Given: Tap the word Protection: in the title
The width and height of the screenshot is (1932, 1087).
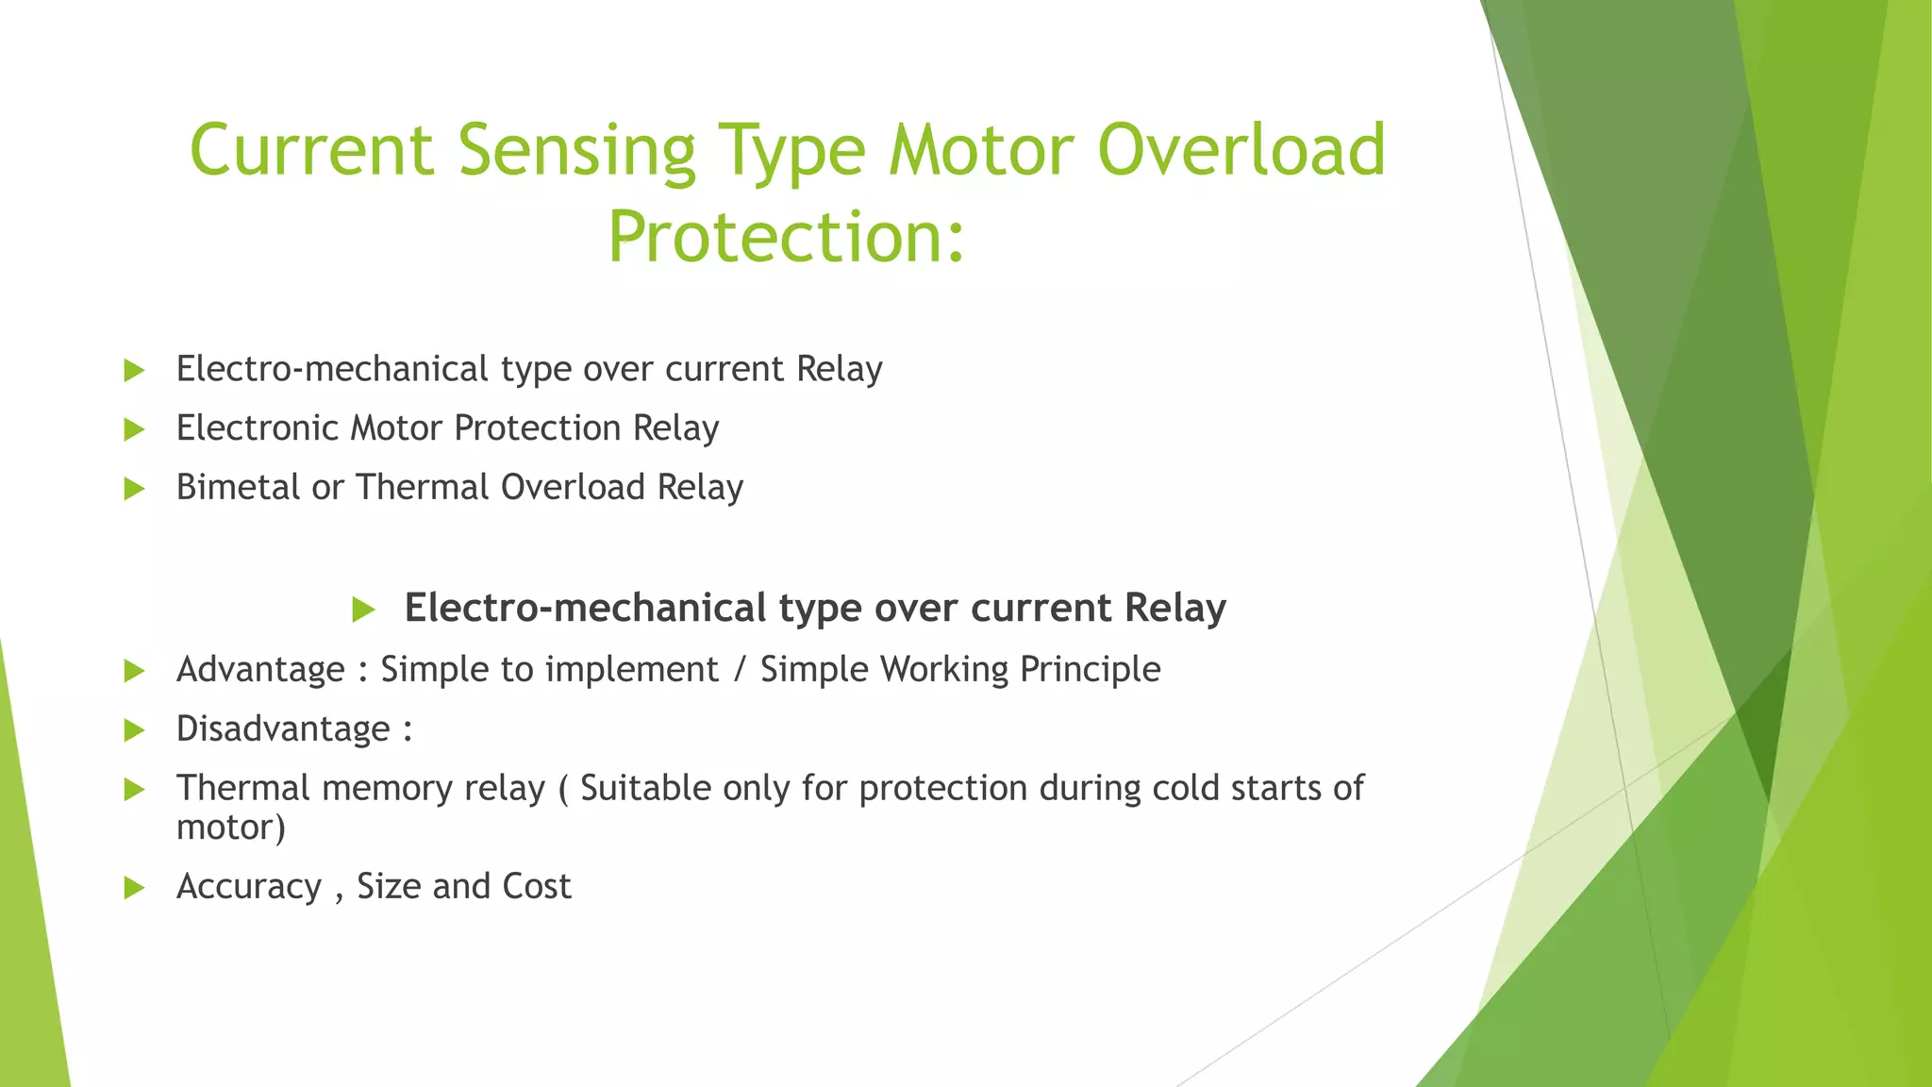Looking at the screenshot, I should [x=786, y=237].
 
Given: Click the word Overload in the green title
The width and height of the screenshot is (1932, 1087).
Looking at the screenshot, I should [x=1241, y=151].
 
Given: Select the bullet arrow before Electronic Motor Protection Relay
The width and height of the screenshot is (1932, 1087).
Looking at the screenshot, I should [x=134, y=430].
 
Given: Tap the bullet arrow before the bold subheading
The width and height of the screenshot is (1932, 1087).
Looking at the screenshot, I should [x=363, y=610].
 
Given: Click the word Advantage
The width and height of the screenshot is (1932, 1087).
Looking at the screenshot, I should [x=260, y=670].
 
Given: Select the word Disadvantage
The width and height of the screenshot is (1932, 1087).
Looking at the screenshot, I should [x=283, y=729].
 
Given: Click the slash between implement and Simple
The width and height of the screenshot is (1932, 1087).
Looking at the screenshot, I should [x=740, y=670].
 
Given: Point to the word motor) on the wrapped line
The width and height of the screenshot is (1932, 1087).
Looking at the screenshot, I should [x=230, y=828].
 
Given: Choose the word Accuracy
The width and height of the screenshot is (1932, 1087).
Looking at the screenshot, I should [x=249, y=887].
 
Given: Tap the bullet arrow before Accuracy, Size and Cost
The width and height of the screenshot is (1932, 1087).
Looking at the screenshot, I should [x=134, y=888].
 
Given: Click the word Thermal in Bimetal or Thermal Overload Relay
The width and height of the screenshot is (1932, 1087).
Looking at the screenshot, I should [x=423, y=488].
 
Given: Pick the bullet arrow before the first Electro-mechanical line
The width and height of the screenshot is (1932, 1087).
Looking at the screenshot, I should [x=134, y=371].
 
